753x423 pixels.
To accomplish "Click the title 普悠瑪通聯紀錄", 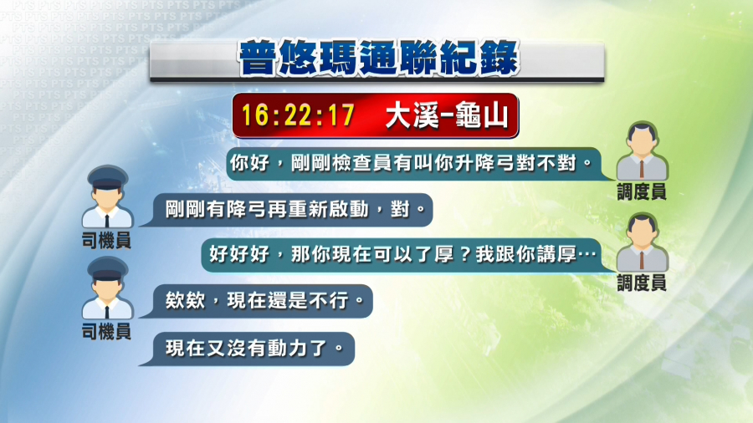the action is click(x=379, y=59).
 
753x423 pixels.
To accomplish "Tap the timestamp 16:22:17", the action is click(x=298, y=115).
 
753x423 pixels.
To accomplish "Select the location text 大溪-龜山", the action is click(x=447, y=115).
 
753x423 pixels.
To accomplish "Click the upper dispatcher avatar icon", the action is click(x=642, y=150).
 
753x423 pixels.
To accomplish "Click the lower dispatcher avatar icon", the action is click(x=642, y=242).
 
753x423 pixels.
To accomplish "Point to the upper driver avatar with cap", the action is click(x=107, y=196).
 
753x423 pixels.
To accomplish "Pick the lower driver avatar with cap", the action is click(x=107, y=288).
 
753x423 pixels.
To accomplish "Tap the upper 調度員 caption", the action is click(x=642, y=192).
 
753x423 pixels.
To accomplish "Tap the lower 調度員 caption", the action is click(x=642, y=283).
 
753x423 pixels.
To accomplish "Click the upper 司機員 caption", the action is click(x=106, y=240).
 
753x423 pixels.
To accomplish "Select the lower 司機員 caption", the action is click(x=106, y=331).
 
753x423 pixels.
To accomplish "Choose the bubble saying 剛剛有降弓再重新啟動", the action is click(x=288, y=210).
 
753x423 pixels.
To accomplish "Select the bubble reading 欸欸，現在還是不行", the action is click(x=257, y=301).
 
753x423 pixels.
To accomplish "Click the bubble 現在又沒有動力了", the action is click(x=248, y=349).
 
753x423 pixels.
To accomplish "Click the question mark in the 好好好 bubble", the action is click(x=464, y=255).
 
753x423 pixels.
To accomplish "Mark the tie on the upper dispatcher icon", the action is click(x=642, y=168).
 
